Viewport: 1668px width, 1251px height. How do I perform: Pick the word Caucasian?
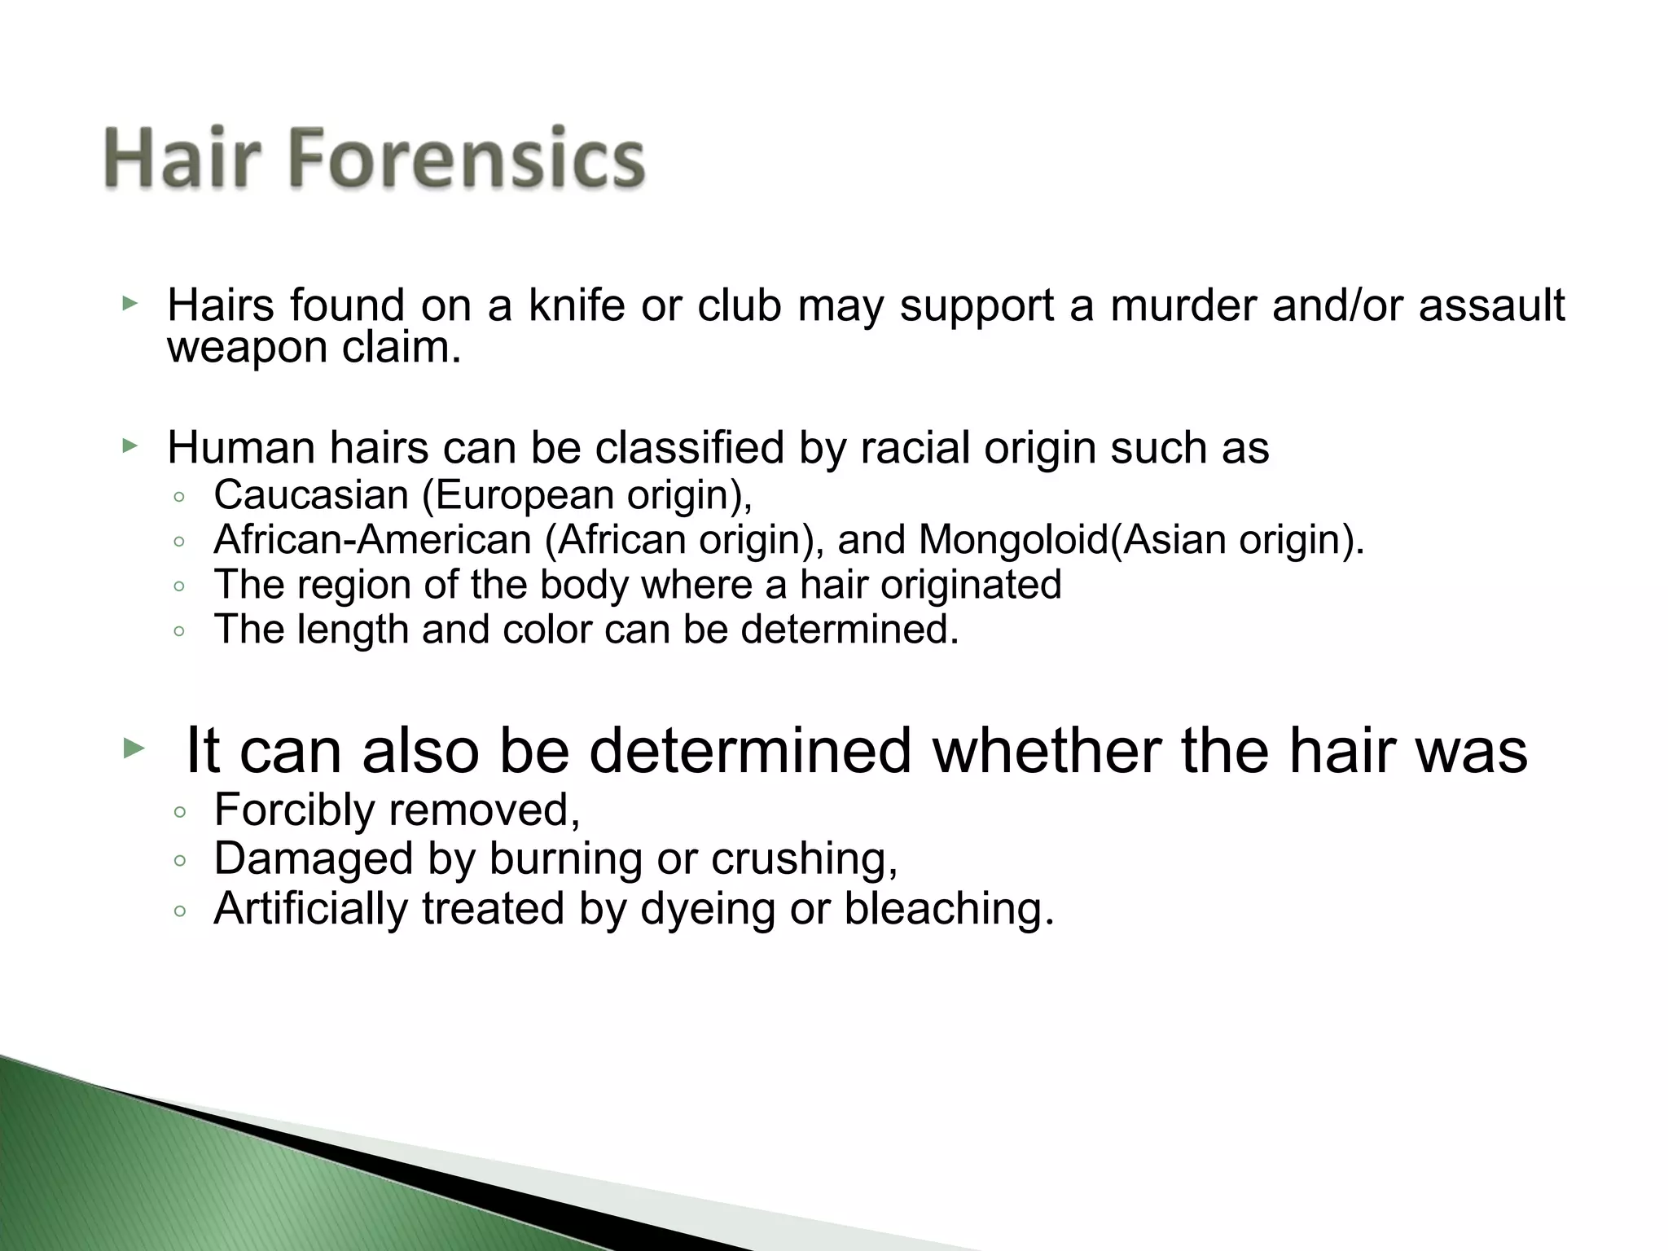310,494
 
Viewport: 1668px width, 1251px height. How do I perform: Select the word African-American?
372,539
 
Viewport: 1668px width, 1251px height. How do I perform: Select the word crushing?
804,858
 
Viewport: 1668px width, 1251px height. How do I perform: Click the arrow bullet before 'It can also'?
133,747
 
